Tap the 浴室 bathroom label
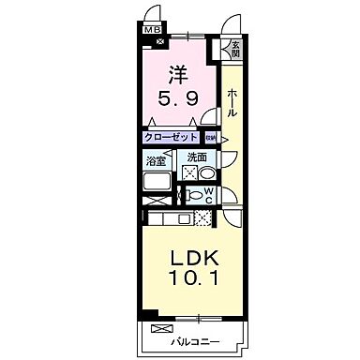pos(156,160)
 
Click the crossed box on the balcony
pos(161,329)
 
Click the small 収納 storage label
pos(211,138)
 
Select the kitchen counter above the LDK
pos(169,219)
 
